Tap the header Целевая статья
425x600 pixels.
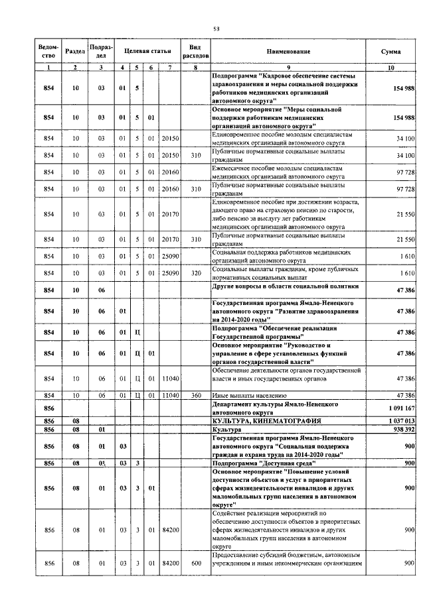[147, 51]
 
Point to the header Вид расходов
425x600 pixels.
[195, 51]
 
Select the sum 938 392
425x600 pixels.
[404, 430]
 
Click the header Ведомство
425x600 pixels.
[48, 51]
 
